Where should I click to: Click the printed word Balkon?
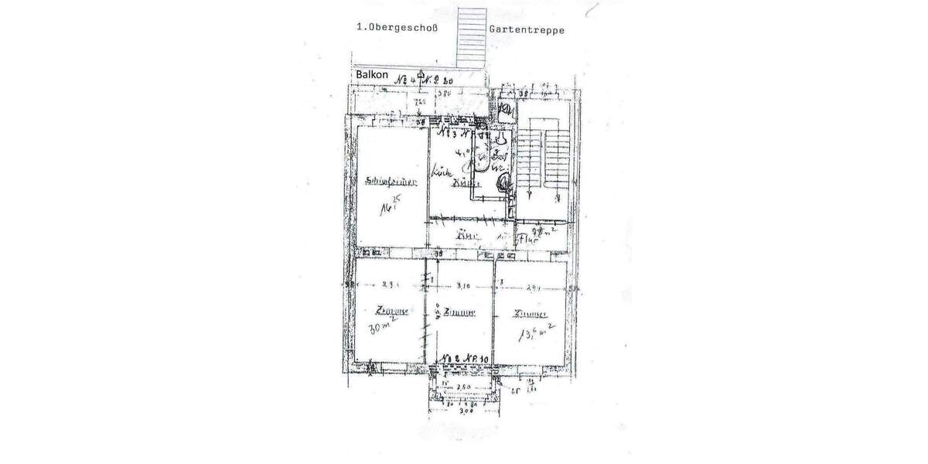[x=371, y=74]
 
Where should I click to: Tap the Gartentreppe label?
[x=527, y=30]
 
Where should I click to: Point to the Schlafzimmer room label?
[x=392, y=183]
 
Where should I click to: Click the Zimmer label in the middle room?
[x=459, y=313]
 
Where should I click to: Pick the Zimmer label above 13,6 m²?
[x=530, y=314]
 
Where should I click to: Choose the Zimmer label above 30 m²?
[x=392, y=312]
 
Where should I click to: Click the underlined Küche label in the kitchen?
[x=462, y=184]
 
